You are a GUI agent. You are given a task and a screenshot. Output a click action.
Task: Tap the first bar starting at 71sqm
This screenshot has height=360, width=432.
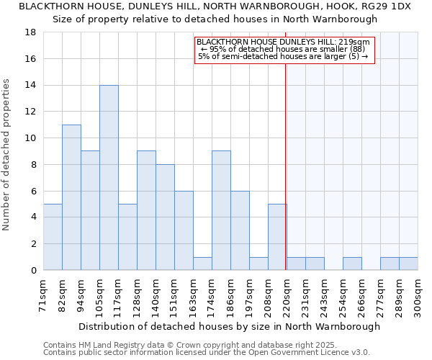click(53, 237)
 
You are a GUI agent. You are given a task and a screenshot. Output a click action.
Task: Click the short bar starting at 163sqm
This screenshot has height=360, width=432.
click(202, 264)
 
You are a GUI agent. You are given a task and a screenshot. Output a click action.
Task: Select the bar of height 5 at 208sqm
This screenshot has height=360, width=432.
click(277, 237)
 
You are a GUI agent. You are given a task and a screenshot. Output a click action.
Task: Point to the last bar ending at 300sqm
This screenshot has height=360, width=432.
click(408, 264)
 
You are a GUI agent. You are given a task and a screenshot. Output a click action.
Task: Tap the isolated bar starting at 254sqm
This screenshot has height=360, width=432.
click(352, 264)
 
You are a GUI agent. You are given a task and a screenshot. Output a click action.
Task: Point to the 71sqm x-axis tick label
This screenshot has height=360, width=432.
click(43, 295)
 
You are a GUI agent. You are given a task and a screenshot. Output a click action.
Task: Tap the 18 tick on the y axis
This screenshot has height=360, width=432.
click(31, 32)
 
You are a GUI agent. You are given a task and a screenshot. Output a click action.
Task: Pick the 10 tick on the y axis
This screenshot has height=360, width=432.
click(31, 138)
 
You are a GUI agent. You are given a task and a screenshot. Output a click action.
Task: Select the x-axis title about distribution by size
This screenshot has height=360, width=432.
click(229, 326)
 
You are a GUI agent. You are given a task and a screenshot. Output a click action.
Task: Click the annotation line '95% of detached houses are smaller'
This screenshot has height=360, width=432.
click(283, 49)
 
